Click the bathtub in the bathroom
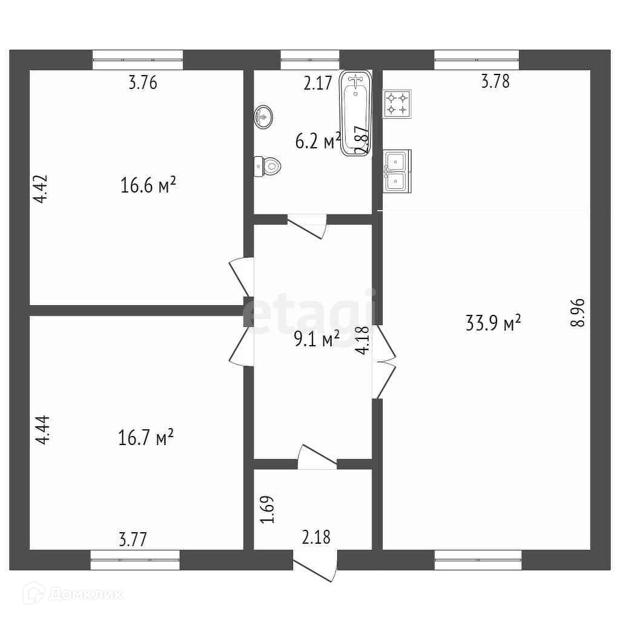pyautogui.click(x=355, y=114)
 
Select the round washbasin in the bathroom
pyautogui.click(x=263, y=116)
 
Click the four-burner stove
pyautogui.click(x=397, y=104)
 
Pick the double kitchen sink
pyautogui.click(x=397, y=171)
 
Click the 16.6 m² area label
pyautogui.click(x=148, y=185)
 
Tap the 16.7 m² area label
pyautogui.click(x=147, y=437)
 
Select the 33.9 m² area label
pyautogui.click(x=493, y=323)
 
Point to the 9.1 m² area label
pyautogui.click(x=317, y=339)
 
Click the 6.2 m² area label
pyautogui.click(x=317, y=142)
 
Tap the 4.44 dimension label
pyautogui.click(x=44, y=430)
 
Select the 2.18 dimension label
pyautogui.click(x=316, y=536)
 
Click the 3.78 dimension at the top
pyautogui.click(x=495, y=81)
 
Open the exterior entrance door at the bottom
pyautogui.click(x=315, y=566)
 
